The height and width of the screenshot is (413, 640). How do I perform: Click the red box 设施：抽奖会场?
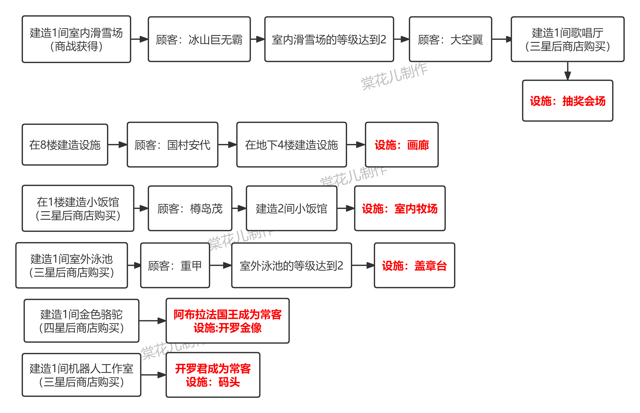(x=567, y=101)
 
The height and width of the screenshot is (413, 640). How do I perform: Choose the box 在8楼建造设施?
(x=65, y=145)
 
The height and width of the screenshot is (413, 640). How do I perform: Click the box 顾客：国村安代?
(x=172, y=145)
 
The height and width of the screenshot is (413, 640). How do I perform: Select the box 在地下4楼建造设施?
(x=291, y=145)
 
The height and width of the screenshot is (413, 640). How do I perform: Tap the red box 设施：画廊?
(x=402, y=145)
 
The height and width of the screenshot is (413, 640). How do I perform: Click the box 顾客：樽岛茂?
(x=190, y=208)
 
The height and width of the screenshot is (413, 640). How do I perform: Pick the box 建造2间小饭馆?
(x=291, y=208)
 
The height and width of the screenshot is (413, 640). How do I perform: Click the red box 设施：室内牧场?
(x=399, y=208)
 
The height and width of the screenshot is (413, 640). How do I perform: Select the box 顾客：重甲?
(x=175, y=265)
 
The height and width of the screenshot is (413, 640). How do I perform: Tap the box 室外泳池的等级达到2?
(x=291, y=265)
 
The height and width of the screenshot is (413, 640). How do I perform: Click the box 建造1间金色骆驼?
(x=81, y=321)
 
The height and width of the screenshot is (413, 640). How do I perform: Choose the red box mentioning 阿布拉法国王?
(x=227, y=321)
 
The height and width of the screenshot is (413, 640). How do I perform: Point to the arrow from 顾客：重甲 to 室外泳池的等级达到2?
(x=220, y=265)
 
